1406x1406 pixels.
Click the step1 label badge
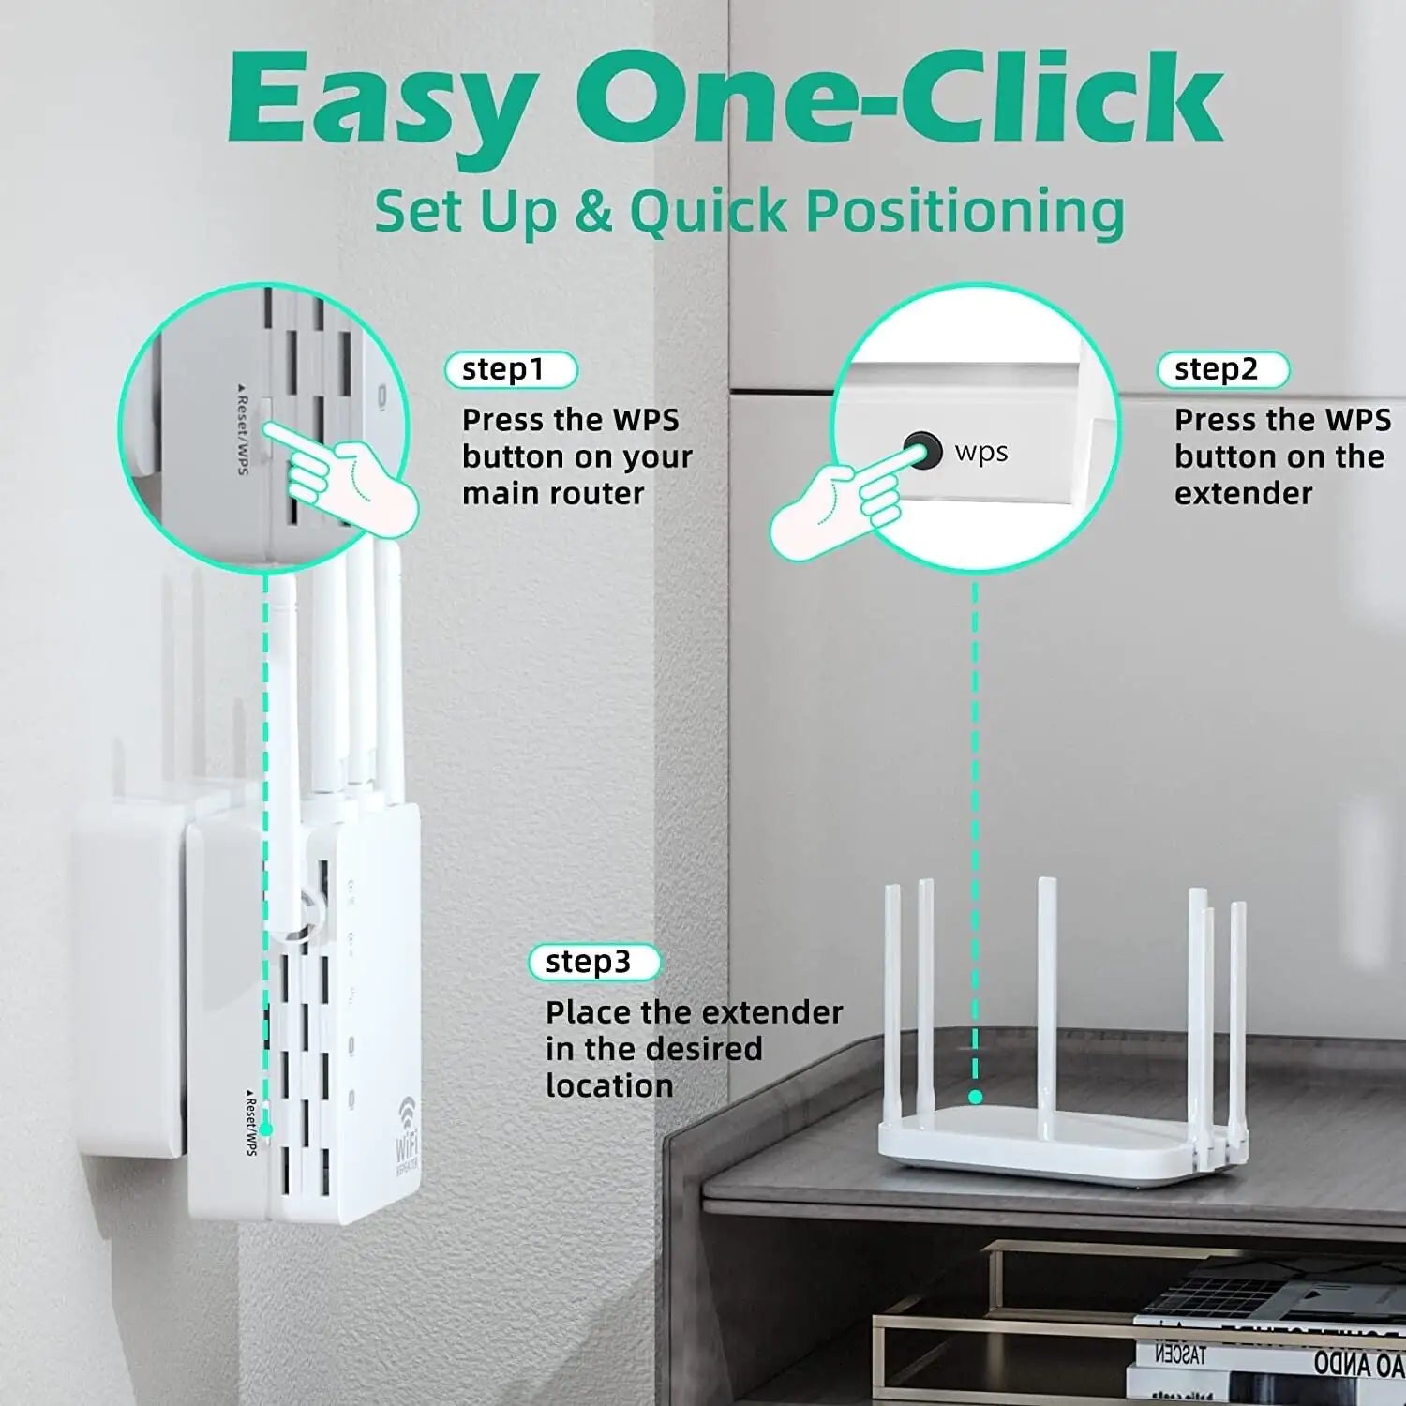[x=511, y=370]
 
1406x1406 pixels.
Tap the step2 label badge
[x=1222, y=370]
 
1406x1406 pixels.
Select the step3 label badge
[x=593, y=963]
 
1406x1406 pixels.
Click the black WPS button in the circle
[x=922, y=452]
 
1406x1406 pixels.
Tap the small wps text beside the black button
[x=981, y=452]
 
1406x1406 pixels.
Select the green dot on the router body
[x=976, y=1097]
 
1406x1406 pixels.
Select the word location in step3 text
[x=609, y=1086]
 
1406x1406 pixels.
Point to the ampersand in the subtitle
[x=592, y=211]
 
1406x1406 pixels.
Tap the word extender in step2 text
[x=1243, y=494]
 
